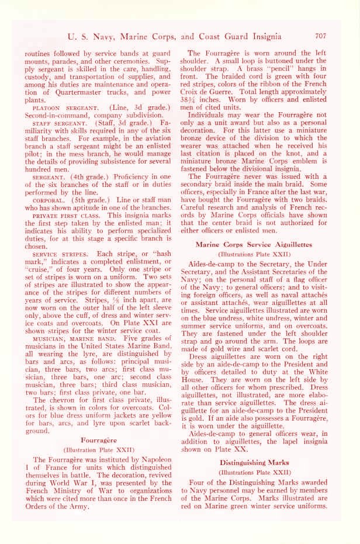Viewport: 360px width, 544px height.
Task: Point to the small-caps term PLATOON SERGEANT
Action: tap(54, 108)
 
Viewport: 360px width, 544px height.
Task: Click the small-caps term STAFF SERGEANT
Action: tap(51, 124)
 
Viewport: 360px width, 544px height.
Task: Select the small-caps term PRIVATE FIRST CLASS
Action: tap(60, 216)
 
